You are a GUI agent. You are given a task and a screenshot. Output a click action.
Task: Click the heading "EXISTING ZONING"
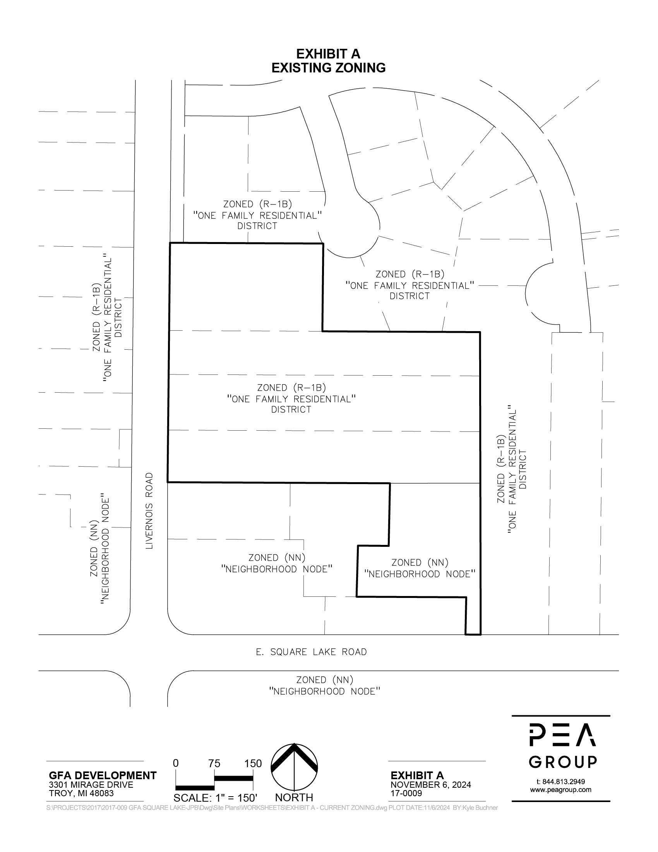pyautogui.click(x=328, y=68)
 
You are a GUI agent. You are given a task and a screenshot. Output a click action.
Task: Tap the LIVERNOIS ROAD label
pyautogui.click(x=150, y=511)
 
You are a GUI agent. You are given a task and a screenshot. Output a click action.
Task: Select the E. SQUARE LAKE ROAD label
pyautogui.click(x=312, y=652)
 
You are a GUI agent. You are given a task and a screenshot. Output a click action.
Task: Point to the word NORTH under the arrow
pyautogui.click(x=294, y=797)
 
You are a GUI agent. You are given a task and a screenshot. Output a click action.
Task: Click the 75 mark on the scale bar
pyautogui.click(x=214, y=763)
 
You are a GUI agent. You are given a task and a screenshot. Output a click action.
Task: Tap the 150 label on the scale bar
pyautogui.click(x=253, y=763)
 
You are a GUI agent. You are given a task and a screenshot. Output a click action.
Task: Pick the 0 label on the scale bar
pyautogui.click(x=176, y=763)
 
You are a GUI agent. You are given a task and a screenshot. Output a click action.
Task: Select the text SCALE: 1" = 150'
pyautogui.click(x=216, y=798)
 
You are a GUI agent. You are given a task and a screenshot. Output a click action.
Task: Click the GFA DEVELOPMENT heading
pyautogui.click(x=103, y=776)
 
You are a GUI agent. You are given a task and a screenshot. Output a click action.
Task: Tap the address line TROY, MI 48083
pyautogui.click(x=81, y=793)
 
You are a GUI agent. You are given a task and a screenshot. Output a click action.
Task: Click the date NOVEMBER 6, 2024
pyautogui.click(x=431, y=785)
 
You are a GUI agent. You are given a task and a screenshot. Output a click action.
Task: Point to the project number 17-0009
pyautogui.click(x=406, y=794)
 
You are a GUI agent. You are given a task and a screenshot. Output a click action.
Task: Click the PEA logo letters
pyautogui.click(x=562, y=735)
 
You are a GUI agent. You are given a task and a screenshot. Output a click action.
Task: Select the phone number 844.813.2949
pyautogui.click(x=564, y=782)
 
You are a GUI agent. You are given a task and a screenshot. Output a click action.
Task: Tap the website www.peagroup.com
pyautogui.click(x=560, y=790)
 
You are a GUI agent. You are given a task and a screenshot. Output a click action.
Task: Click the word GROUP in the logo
pyautogui.click(x=562, y=761)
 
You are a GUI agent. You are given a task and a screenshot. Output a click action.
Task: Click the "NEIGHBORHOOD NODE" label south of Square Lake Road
pyautogui.click(x=325, y=691)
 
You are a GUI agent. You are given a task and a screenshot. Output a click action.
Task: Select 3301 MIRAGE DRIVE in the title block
pyautogui.click(x=91, y=785)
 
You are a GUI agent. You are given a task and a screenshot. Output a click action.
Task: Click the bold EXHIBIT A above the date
pyautogui.click(x=417, y=776)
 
